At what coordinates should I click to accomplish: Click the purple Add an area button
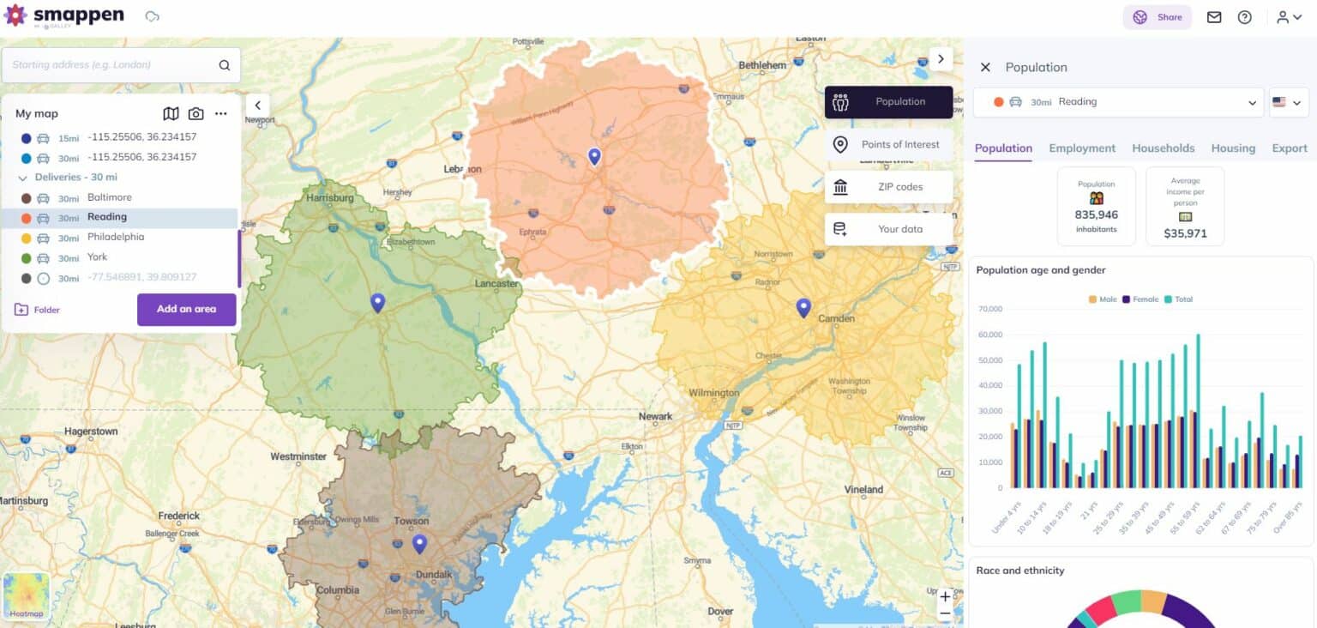(186, 309)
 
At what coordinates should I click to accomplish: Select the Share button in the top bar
(1158, 17)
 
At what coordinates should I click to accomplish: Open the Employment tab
(1082, 148)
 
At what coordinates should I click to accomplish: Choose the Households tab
(1163, 148)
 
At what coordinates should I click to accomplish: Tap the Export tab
(1289, 148)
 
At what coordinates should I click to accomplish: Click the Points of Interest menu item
(889, 144)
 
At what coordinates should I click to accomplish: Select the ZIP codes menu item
(889, 187)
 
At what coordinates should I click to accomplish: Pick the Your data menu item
(889, 229)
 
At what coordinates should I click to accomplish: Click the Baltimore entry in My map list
(109, 197)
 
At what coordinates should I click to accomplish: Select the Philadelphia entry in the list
(115, 237)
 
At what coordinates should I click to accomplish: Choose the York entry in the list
(99, 257)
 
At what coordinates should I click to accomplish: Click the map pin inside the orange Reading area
(594, 156)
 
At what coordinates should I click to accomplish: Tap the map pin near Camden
(803, 307)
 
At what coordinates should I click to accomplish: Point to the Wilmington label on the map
(713, 393)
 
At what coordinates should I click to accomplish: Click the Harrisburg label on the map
(329, 198)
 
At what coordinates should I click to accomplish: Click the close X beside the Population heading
(985, 67)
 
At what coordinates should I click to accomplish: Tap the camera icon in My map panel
(196, 113)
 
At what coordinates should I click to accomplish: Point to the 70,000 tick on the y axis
(989, 309)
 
